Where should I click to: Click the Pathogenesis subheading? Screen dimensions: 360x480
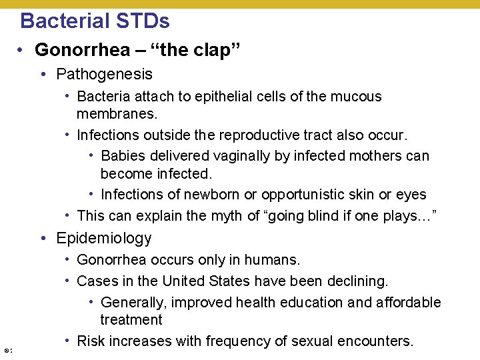(x=105, y=74)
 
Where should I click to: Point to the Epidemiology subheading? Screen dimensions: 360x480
(x=104, y=238)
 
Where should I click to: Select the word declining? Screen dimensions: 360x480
(x=359, y=281)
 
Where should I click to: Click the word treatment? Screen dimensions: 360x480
(x=131, y=319)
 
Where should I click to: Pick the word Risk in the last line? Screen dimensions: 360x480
(x=91, y=341)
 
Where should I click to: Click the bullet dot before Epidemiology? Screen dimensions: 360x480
(x=42, y=239)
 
